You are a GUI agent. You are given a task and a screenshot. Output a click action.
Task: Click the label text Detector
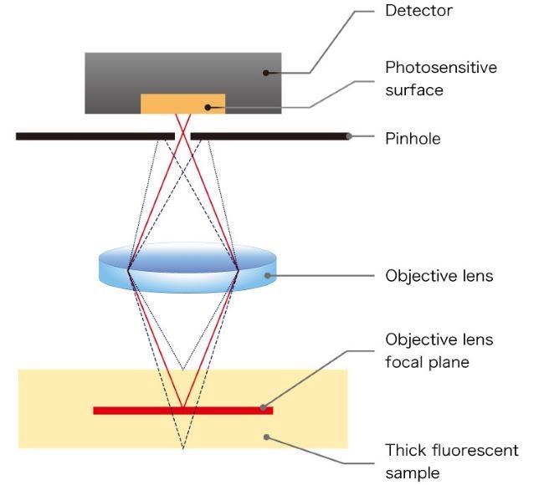click(x=419, y=11)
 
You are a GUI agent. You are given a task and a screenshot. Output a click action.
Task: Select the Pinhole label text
click(x=413, y=138)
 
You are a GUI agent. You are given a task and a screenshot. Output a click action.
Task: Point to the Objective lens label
click(x=439, y=275)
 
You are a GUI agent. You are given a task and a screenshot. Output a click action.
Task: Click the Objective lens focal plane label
click(x=439, y=350)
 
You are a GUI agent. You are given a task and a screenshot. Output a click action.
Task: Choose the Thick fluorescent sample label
click(x=451, y=461)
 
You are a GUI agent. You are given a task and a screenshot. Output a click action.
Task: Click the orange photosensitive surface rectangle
click(x=182, y=104)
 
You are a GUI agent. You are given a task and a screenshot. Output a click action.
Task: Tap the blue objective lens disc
click(x=183, y=268)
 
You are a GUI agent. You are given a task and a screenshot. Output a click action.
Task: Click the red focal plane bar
click(x=182, y=410)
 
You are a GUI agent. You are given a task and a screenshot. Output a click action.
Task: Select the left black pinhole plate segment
click(x=95, y=135)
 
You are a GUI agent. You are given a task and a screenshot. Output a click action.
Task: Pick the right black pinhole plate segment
click(x=268, y=135)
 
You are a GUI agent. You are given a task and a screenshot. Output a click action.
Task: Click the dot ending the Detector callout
click(x=266, y=73)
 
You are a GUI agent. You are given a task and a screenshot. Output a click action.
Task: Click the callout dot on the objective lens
click(x=267, y=275)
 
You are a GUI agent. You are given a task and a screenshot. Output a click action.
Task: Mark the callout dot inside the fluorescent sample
click(x=266, y=436)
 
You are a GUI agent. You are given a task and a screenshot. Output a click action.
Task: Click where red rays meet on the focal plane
click(x=182, y=409)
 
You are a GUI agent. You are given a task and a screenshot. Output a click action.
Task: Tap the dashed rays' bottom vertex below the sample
click(x=182, y=449)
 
